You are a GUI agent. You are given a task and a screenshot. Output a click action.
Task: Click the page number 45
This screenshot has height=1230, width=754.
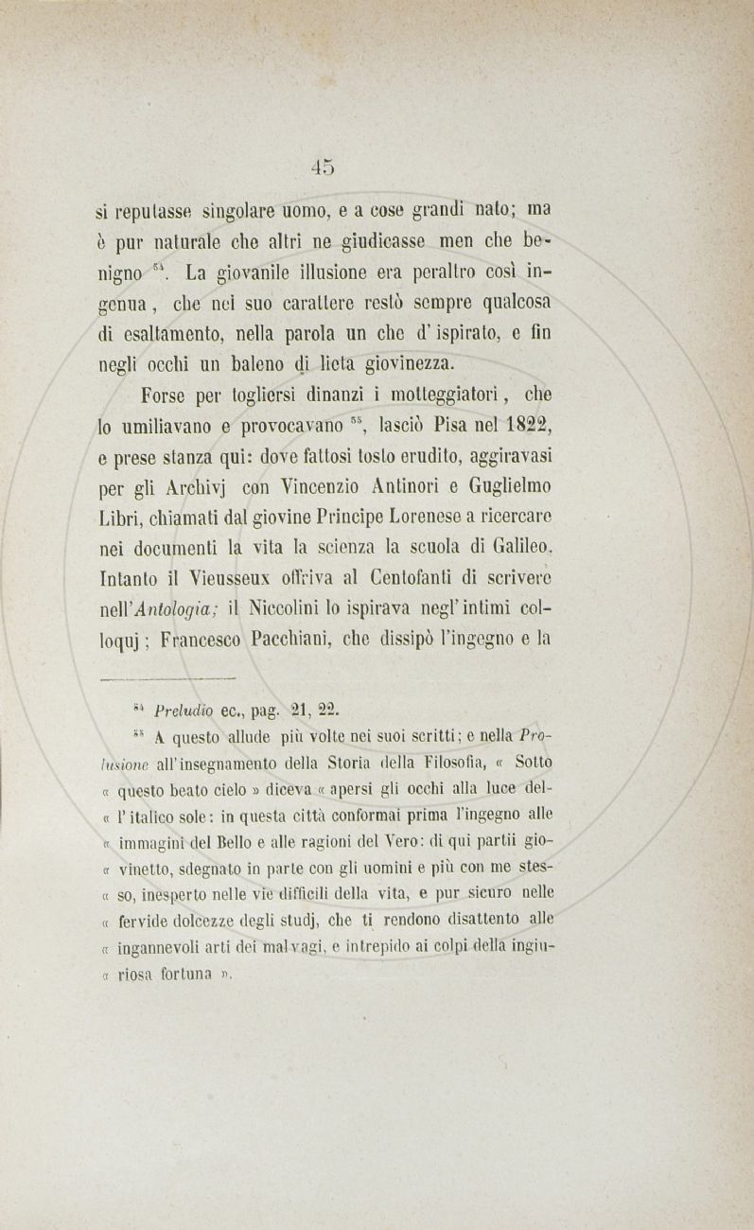(x=323, y=167)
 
